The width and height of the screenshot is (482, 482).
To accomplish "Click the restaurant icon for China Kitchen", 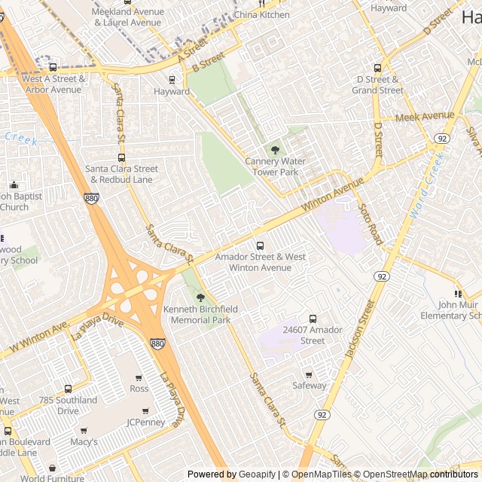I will [x=261, y=3].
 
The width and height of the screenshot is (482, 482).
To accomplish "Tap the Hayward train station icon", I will [x=172, y=79].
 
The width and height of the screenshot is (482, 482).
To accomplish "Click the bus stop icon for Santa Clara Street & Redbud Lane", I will [x=121, y=157].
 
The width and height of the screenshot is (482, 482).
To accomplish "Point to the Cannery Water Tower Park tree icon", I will [x=274, y=150].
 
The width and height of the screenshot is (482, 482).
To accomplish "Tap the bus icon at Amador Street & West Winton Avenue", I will [x=260, y=246].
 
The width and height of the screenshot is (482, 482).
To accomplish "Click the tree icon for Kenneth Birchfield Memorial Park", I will [x=200, y=298].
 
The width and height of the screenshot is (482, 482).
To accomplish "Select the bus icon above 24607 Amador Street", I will [x=313, y=319].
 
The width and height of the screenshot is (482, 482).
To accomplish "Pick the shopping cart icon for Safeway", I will [x=308, y=374].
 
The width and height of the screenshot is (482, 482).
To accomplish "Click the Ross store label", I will [x=139, y=389].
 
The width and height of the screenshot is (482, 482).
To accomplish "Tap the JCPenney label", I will [x=145, y=423].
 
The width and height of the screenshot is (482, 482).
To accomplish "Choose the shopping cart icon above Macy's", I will [x=84, y=430].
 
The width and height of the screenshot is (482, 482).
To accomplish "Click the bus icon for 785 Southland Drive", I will [x=68, y=389].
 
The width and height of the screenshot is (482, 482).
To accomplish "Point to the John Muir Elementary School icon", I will [x=457, y=294].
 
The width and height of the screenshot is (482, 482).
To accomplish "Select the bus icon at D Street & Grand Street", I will [x=377, y=68].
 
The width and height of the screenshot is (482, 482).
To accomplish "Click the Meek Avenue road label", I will [x=425, y=117].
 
